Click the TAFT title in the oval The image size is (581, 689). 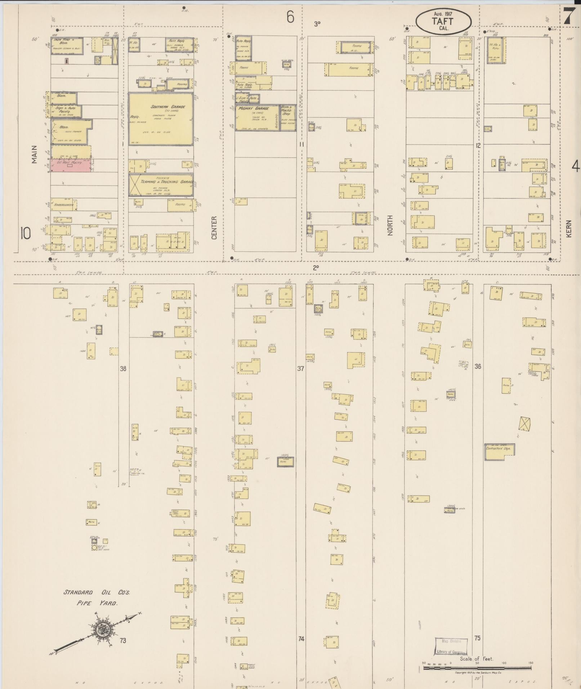coord(443,21)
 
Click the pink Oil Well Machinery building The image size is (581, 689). coord(71,165)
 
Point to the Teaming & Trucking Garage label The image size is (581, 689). coord(161,182)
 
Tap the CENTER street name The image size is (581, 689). coord(214,228)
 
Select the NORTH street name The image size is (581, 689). coord(390,225)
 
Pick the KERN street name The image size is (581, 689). coord(569,229)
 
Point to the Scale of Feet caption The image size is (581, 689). coord(476,659)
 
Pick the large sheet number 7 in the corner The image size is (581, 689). coord(569,16)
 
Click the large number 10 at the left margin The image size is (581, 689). coord(26,234)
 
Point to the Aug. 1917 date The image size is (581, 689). coord(443,14)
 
